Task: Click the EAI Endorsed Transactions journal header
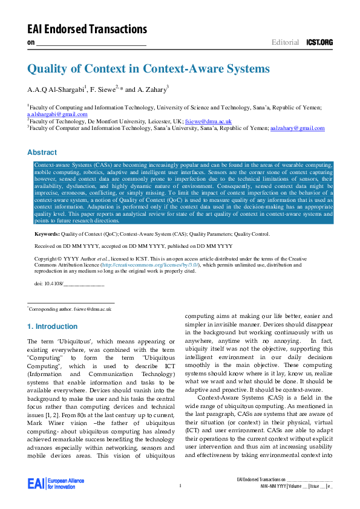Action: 87,29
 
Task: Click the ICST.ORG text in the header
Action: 319,42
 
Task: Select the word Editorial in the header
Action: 285,42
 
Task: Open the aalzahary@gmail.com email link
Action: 297,128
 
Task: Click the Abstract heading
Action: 42,152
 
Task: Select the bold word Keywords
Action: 46,233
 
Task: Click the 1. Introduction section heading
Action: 53,326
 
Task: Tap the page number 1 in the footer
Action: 180,486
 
